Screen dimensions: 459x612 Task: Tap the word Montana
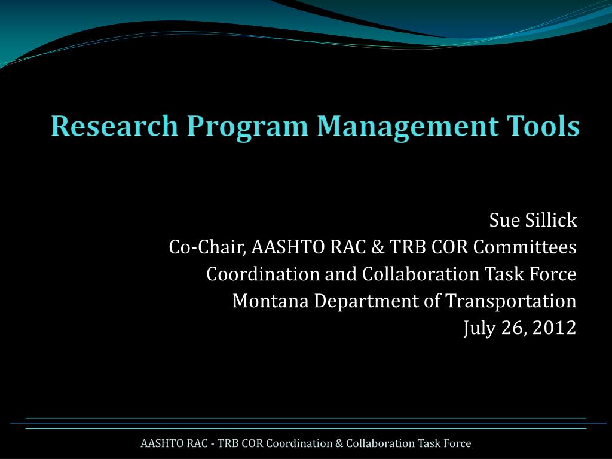click(271, 301)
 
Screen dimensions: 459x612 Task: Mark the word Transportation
click(510, 301)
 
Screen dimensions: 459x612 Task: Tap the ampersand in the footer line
click(339, 443)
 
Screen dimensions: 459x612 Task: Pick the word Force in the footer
click(457, 443)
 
